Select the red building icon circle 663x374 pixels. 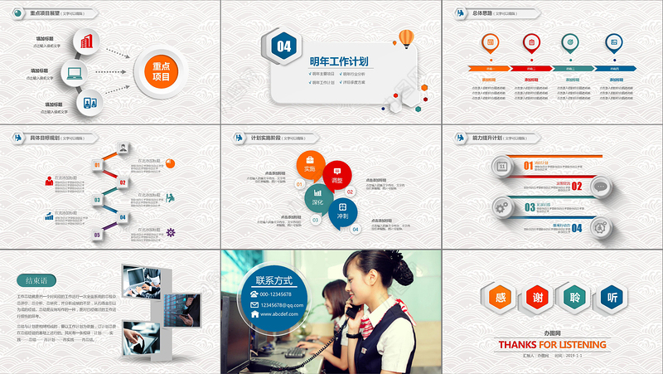86,40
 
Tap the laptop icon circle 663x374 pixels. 75,72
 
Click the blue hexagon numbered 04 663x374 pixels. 283,46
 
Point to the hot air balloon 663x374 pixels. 406,38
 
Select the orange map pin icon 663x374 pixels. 490,42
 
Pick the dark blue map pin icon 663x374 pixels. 613,42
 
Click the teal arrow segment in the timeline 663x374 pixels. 570,69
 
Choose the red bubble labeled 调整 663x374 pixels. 337,175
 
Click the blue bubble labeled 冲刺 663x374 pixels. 343,212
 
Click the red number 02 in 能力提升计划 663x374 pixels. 577,187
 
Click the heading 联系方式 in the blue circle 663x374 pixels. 274,279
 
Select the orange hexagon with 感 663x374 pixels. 500,296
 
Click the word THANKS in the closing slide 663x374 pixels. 524,344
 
